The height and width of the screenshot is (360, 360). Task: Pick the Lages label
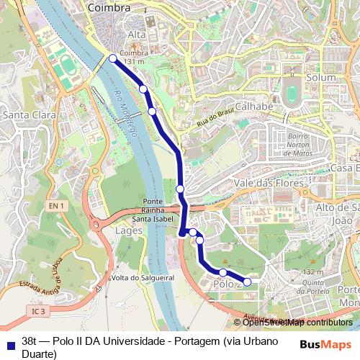click(129, 230)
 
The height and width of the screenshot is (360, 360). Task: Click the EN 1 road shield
click(57, 206)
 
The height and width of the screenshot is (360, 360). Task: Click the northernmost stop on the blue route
click(112, 59)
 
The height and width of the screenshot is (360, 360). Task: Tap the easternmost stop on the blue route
click(248, 282)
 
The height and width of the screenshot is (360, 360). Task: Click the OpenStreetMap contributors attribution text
click(297, 323)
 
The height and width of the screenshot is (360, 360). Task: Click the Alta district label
click(136, 35)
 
